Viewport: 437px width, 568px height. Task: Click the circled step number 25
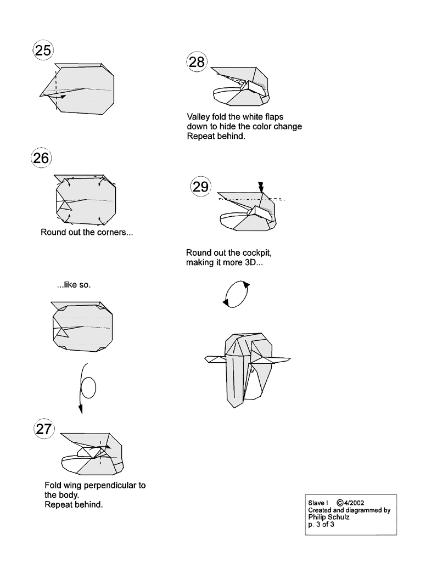tap(43, 50)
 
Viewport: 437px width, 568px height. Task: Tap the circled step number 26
tap(41, 158)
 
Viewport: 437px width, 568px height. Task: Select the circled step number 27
tap(44, 429)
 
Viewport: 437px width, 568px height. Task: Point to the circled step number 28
tap(197, 62)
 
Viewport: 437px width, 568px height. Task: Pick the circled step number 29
tap(201, 187)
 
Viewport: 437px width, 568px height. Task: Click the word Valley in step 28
tap(198, 117)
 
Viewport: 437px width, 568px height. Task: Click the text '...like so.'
tap(74, 285)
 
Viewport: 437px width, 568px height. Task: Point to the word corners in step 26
tap(115, 232)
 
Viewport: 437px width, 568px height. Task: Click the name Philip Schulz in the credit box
tap(329, 518)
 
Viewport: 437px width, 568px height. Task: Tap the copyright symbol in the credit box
tap(340, 503)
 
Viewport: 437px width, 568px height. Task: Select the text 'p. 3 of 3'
tap(321, 524)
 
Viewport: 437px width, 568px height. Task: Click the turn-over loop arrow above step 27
tap(86, 388)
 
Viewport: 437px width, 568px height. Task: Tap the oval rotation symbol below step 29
tap(236, 294)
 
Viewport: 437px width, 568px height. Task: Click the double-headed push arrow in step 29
tap(261, 187)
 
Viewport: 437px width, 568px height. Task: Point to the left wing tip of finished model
tap(205, 359)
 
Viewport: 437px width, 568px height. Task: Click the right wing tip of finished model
tap(290, 359)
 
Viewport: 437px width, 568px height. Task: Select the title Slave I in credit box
tap(318, 503)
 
